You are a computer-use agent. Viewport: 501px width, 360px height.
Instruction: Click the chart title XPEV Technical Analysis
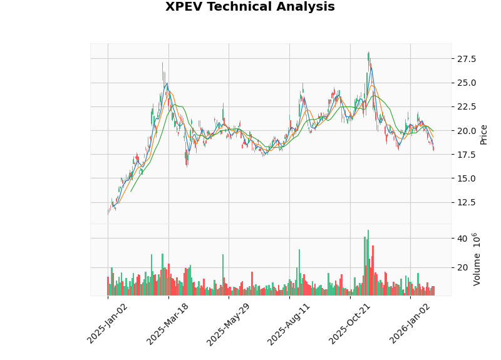coord(250,8)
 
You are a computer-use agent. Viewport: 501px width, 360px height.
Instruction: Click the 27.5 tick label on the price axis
coord(467,59)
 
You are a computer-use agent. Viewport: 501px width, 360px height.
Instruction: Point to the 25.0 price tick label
coord(467,83)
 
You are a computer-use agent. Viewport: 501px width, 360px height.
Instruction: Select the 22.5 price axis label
coord(467,106)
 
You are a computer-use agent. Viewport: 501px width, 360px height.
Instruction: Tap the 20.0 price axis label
coord(467,130)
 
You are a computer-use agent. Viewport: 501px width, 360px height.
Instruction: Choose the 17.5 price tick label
coord(467,154)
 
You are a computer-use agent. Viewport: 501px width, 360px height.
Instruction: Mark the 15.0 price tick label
coord(467,178)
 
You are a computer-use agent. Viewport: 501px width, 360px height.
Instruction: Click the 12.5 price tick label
coord(467,202)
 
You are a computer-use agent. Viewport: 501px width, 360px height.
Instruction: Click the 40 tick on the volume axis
coord(462,239)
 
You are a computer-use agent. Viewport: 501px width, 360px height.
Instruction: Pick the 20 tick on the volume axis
coord(462,267)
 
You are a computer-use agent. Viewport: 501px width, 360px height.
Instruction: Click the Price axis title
coord(483,134)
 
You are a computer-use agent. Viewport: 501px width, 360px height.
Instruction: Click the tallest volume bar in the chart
coord(368,263)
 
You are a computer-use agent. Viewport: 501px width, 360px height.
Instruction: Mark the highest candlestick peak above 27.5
coord(368,53)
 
